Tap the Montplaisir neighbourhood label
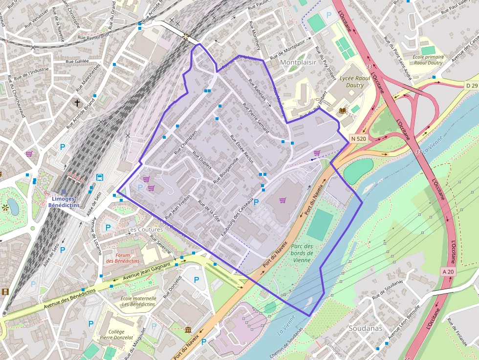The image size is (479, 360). click(298, 63)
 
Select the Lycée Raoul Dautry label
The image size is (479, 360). click(355, 82)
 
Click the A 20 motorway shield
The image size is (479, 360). click(448, 271)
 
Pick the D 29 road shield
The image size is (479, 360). click(471, 85)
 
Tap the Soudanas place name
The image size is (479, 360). click(365, 328)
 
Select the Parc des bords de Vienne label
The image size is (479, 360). click(302, 253)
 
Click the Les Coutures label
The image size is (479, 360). click(145, 229)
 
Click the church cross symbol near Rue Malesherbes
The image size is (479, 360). click(77, 103)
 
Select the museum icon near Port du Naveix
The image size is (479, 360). click(188, 330)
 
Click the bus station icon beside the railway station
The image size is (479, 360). click(100, 177)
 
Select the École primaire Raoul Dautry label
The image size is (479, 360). click(428, 60)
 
